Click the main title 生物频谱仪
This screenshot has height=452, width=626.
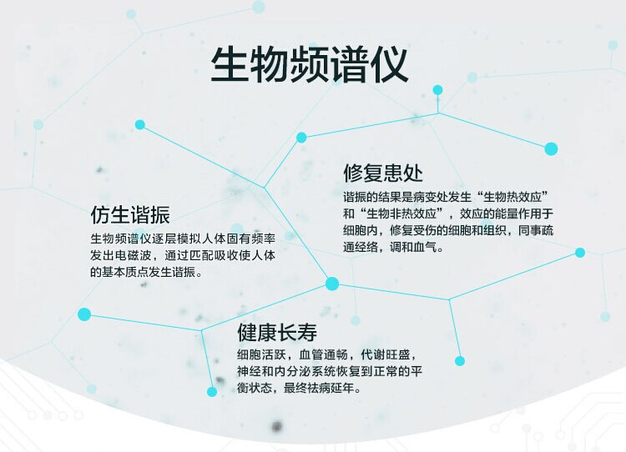coord(310,65)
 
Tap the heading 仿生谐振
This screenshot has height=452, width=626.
coord(130,214)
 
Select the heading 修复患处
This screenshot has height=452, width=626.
coord(383,173)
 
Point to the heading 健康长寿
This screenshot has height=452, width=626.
coord(277,332)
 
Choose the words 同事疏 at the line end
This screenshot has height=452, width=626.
coord(536,230)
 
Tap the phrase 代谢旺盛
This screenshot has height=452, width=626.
coord(386,354)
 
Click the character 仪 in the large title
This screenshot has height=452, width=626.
coord(389,65)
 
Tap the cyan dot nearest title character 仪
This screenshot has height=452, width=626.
coord(437,90)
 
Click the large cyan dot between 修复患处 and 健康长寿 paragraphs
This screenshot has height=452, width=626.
coord(332,284)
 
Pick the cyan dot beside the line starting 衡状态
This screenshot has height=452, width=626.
coord(212,392)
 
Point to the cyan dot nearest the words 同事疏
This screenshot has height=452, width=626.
coord(580,252)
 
